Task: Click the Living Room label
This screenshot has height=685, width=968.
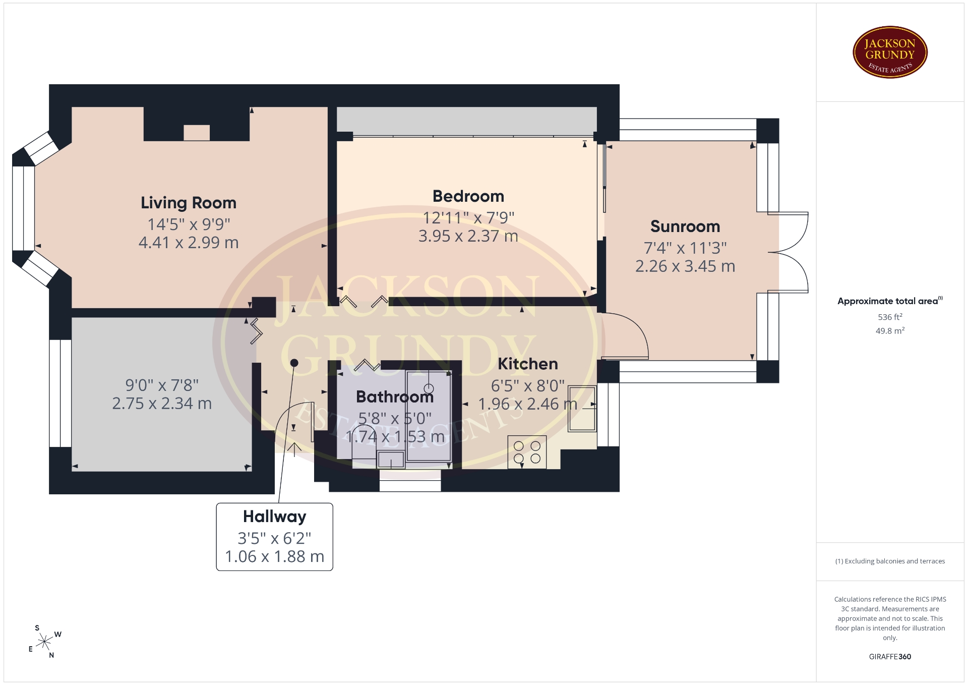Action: tap(189, 203)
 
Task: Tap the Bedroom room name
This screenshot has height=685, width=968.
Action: tap(468, 196)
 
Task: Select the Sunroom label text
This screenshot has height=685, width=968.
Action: tap(685, 226)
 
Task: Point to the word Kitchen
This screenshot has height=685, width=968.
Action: tap(528, 364)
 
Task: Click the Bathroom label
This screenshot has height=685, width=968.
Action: tap(395, 397)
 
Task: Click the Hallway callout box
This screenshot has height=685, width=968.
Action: tap(275, 537)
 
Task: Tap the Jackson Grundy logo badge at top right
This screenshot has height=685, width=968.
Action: tap(890, 52)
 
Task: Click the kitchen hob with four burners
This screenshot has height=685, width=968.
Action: tap(527, 452)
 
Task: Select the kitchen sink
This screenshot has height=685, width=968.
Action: tap(582, 409)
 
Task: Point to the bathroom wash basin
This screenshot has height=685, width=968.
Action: tap(391, 459)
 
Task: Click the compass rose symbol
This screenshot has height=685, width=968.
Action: tap(45, 642)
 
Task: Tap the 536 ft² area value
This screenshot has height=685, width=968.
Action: tap(890, 317)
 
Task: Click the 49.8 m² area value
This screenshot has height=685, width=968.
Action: tap(890, 331)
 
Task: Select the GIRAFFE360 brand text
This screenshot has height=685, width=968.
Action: tap(890, 657)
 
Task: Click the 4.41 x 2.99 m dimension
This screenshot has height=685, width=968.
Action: tap(189, 243)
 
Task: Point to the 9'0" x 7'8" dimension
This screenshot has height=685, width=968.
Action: tap(162, 385)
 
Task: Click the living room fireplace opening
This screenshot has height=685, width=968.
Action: tap(197, 133)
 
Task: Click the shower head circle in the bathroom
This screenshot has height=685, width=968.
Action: tap(429, 388)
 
